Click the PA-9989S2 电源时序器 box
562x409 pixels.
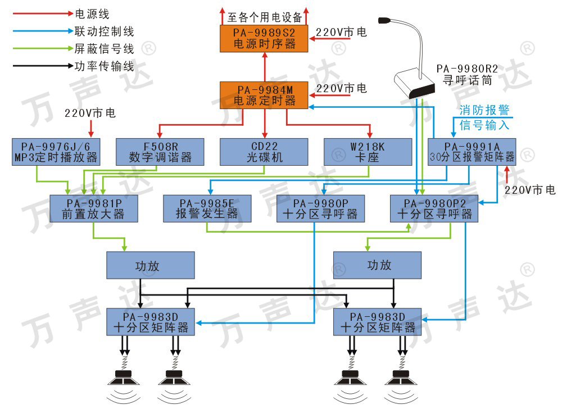[264, 38]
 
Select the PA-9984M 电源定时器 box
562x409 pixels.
[264, 96]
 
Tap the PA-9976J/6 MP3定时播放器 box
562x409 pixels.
[56, 152]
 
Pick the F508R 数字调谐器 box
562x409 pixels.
[160, 152]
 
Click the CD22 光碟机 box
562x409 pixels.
[264, 152]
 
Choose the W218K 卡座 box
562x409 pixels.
[368, 152]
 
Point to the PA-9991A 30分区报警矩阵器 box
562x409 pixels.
[472, 152]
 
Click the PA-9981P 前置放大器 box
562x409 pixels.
[93, 208]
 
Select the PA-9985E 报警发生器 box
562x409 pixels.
[207, 208]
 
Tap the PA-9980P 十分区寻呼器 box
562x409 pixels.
[321, 208]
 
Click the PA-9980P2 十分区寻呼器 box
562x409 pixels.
[434, 208]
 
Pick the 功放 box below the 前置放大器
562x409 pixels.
[151, 265]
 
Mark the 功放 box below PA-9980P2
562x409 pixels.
[378, 265]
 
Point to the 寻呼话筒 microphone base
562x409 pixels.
[414, 85]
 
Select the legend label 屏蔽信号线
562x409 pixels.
[105, 49]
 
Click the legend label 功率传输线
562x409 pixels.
[105, 66]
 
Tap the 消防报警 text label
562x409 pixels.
[484, 110]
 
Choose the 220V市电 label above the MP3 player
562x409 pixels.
[90, 113]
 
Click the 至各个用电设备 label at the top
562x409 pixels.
[265, 17]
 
